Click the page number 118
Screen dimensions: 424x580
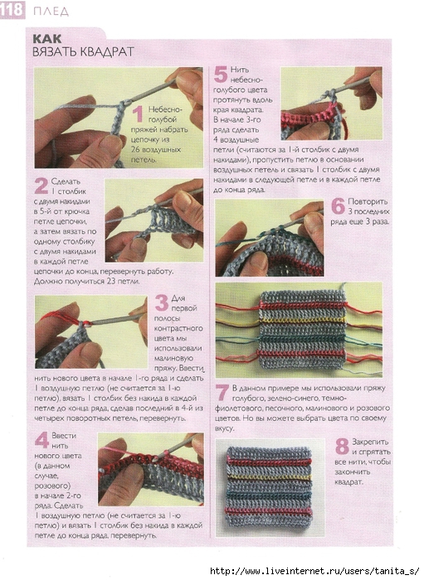pos(12,10)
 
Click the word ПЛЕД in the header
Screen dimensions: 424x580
pos(51,12)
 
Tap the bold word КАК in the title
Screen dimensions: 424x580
pos(47,38)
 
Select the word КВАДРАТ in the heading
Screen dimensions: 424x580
pos(106,51)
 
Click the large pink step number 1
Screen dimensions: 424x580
pos(138,114)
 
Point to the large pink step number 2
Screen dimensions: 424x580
pos(41,186)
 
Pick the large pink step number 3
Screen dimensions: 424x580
pos(162,302)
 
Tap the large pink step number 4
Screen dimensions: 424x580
pos(41,440)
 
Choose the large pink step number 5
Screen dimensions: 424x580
pos(221,75)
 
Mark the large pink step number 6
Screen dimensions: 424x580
pos(338,206)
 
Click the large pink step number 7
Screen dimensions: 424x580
pos(222,393)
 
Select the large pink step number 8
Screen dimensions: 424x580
pos(342,446)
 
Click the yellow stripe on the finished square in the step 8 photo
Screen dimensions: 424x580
pos(269,477)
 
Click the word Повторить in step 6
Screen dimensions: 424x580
pos(368,201)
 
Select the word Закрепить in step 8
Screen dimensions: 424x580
pos(370,442)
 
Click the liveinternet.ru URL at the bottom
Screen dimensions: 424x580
pos(315,571)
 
